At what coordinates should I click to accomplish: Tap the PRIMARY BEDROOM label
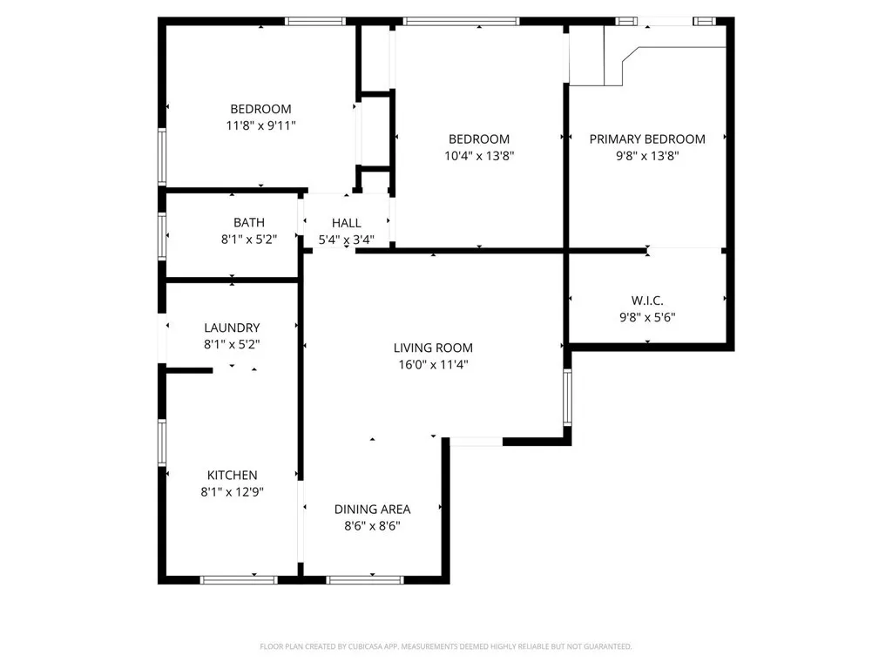pos(647,139)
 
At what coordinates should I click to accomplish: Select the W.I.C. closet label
pos(646,301)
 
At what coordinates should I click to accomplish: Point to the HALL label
pos(346,223)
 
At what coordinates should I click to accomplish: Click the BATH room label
pos(248,223)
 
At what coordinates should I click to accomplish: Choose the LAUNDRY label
pos(232,328)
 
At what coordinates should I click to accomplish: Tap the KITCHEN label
pos(232,475)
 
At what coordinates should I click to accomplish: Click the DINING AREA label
pos(372,509)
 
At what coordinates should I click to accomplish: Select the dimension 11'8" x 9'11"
pos(260,125)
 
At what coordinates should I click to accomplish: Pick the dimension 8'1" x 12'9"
pos(232,491)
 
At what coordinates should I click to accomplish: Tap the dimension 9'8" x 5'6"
pos(646,317)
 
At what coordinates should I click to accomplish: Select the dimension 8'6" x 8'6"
pos(372,525)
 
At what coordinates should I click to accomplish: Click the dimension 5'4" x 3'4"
pos(346,240)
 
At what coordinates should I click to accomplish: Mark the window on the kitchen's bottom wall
pos(239,579)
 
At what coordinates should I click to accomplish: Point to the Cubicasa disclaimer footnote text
pos(445,646)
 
